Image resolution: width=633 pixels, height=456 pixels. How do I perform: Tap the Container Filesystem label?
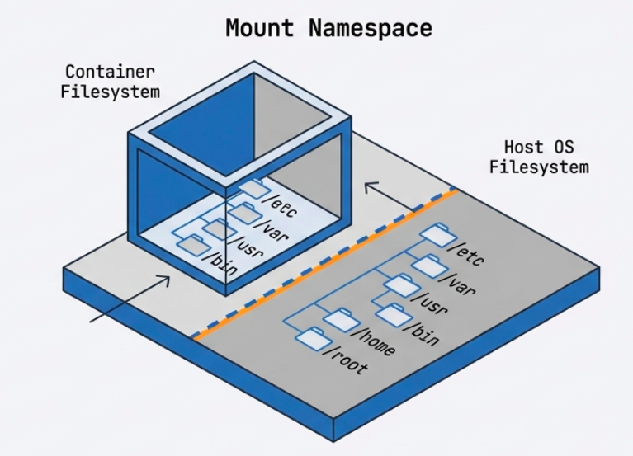pyautogui.click(x=110, y=82)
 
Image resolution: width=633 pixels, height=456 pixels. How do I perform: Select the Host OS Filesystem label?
pyautogui.click(x=539, y=157)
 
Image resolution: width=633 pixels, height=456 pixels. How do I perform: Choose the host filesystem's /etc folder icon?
pyautogui.click(x=436, y=234)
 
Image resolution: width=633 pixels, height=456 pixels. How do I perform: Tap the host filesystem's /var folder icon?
pyautogui.click(x=428, y=266)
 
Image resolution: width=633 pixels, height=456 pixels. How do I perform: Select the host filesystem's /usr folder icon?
pyautogui.click(x=400, y=285)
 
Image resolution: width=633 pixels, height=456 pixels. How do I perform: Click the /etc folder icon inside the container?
pyautogui.click(x=249, y=189)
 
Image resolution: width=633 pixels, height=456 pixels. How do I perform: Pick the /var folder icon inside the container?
pyautogui.click(x=242, y=213)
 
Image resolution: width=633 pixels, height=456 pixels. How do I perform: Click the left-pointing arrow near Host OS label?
pyautogui.click(x=388, y=193)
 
